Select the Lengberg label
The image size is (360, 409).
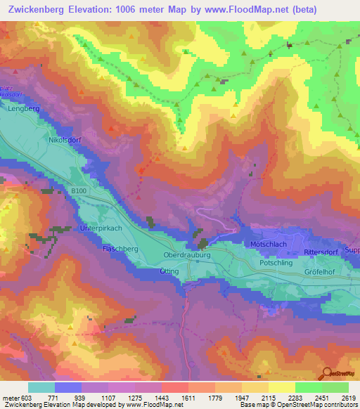click(x=21, y=109)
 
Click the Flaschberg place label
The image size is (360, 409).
click(x=120, y=249)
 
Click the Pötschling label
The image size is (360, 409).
click(x=276, y=261)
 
